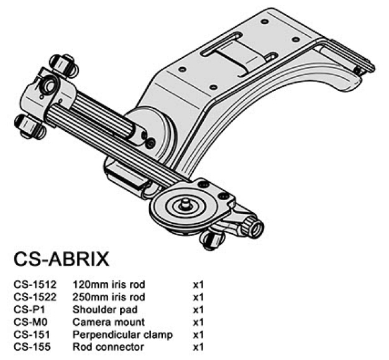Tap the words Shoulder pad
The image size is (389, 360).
pyautogui.click(x=105, y=310)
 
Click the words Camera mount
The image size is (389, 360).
pyautogui.click(x=109, y=322)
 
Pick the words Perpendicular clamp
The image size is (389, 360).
pyautogui.click(x=122, y=335)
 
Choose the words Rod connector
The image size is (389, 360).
pyautogui.click(x=108, y=346)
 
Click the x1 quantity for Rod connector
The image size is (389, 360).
pyautogui.click(x=199, y=346)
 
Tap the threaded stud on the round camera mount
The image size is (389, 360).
pyautogui.click(x=185, y=202)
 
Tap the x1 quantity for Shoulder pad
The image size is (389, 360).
pyautogui.click(x=199, y=310)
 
